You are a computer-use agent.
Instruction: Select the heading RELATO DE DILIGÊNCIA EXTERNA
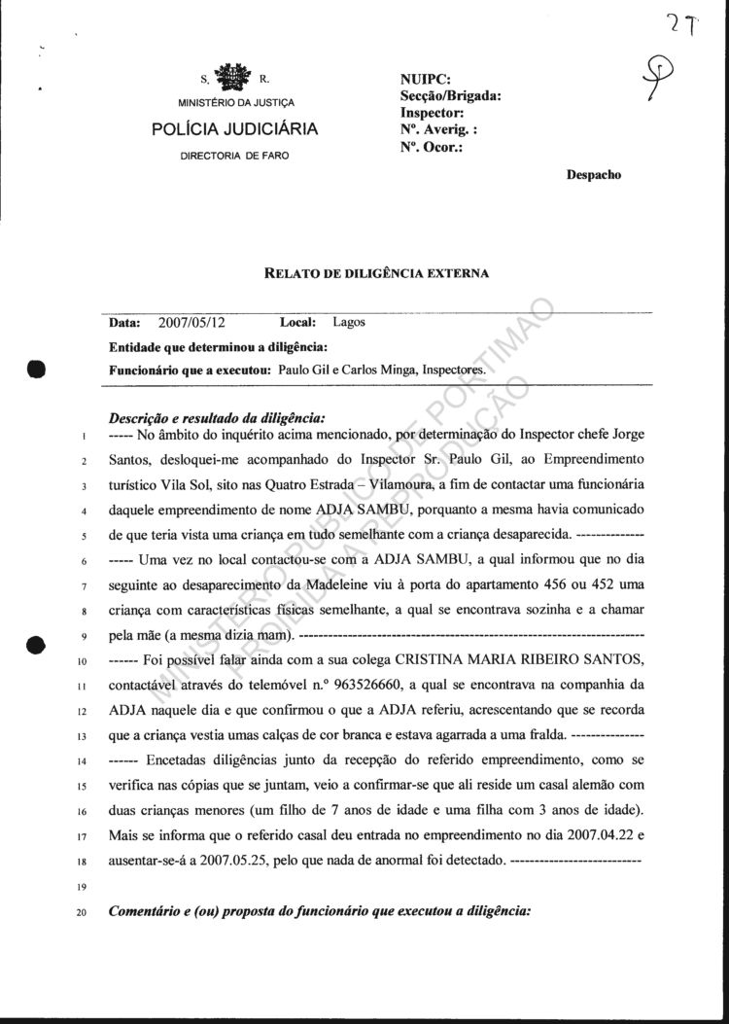coord(376,273)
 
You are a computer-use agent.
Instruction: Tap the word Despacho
coord(592,175)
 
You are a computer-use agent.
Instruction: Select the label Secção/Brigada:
coord(450,96)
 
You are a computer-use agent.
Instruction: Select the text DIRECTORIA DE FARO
coord(234,156)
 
